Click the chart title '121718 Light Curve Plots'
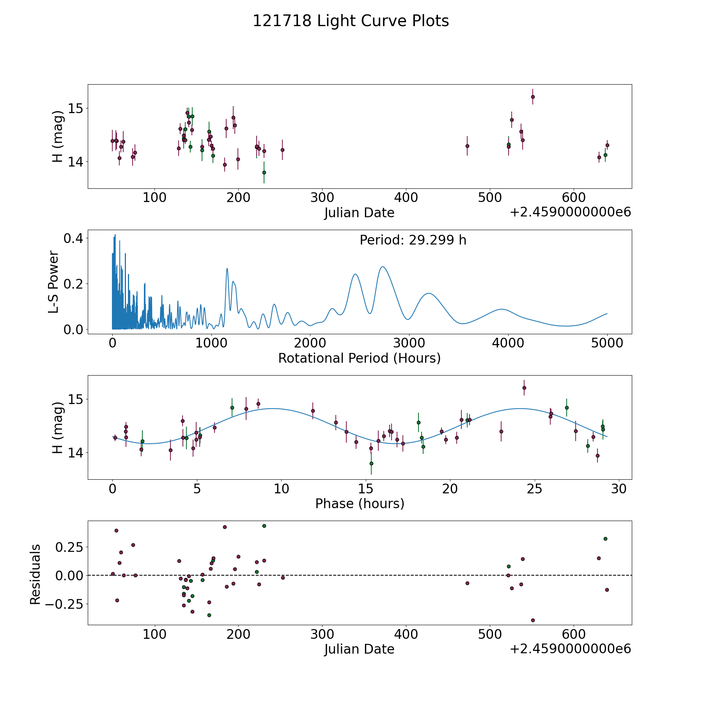point(351,21)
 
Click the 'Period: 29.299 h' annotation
point(413,240)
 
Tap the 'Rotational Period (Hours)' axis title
point(359,358)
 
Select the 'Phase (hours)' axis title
point(359,503)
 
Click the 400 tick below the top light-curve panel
point(406,198)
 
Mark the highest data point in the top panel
point(533,97)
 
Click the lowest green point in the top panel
point(264,172)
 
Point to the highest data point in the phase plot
point(524,388)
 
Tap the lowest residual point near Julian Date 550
point(533,620)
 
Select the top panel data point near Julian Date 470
point(467,146)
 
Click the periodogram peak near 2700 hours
point(383,267)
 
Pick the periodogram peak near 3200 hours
point(429,293)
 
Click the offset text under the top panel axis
point(570,213)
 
